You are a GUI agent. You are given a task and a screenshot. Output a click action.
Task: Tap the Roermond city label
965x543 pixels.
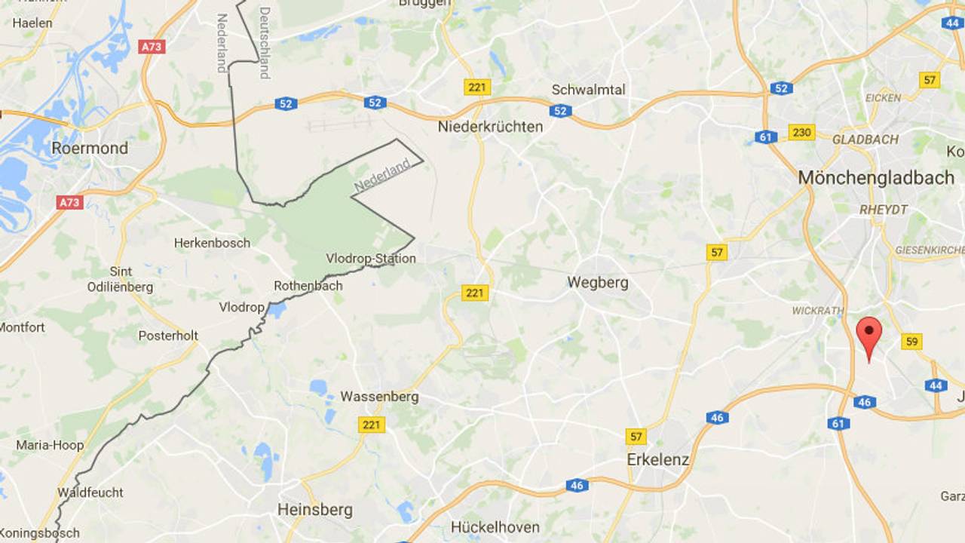click(90, 148)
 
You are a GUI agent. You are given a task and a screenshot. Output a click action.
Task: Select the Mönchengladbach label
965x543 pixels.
click(876, 178)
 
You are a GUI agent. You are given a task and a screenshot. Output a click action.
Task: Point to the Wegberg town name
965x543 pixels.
click(598, 283)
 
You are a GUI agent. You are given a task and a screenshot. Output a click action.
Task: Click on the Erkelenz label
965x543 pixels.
click(658, 459)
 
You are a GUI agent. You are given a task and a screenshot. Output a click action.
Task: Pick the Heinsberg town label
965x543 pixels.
click(315, 510)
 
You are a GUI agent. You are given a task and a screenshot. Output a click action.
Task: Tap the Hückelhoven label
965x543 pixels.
click(495, 527)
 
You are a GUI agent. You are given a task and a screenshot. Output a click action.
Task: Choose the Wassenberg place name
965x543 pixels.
click(379, 397)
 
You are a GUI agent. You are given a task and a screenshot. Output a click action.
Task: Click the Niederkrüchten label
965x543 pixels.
click(490, 127)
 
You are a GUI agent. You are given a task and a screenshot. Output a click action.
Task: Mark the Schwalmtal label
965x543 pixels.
click(589, 90)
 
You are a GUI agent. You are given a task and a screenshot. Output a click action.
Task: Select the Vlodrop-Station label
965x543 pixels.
click(371, 259)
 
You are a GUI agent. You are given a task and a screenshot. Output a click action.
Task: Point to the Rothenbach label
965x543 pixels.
click(308, 286)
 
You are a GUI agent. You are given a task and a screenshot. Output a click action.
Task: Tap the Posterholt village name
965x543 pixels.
click(168, 336)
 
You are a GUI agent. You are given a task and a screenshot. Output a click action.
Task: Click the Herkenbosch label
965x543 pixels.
click(212, 243)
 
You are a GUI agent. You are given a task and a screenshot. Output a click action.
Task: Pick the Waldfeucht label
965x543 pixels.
click(90, 492)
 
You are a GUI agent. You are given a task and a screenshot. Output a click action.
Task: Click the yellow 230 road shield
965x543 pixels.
click(801, 132)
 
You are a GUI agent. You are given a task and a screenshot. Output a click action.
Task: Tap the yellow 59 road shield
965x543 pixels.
click(912, 342)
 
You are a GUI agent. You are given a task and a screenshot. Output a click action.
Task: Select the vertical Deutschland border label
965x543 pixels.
click(265, 42)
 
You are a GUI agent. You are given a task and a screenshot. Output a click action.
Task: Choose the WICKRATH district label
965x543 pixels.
click(816, 311)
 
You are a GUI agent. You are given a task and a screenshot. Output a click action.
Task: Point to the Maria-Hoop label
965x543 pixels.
click(50, 445)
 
